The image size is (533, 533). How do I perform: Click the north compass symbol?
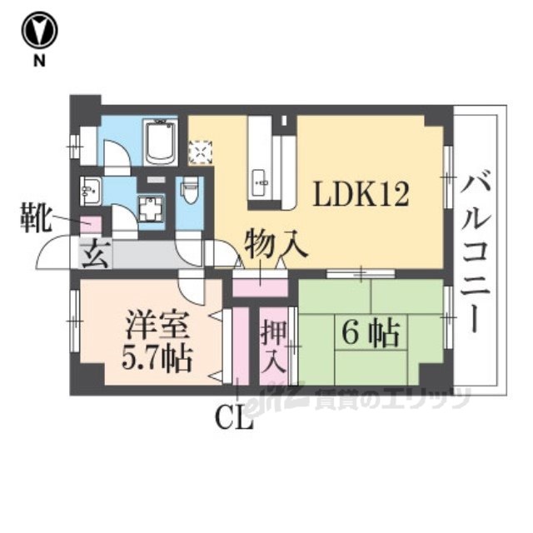click(x=39, y=31)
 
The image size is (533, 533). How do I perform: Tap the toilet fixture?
click(x=189, y=193)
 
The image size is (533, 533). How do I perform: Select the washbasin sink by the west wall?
click(x=89, y=190)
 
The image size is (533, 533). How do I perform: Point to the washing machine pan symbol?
click(x=151, y=205)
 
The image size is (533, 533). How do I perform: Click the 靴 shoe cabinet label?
click(x=36, y=222)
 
